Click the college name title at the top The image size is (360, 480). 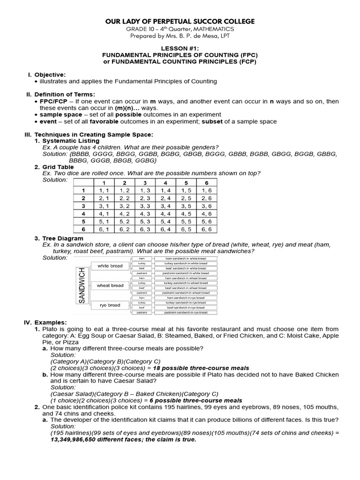tap(180, 22)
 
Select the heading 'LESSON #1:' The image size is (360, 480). tap(180, 48)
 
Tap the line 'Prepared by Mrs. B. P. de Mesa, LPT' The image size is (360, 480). tap(180, 36)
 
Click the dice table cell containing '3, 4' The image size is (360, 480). tap(165, 206)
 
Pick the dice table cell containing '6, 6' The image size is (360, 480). tap(206, 229)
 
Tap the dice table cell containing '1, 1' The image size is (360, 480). tap(104, 190)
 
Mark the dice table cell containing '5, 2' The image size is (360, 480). tap(124, 222)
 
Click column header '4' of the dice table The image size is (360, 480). tap(165, 182)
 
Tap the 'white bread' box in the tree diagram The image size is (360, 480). tap(110, 266)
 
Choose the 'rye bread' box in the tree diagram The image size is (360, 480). tap(110, 305)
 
